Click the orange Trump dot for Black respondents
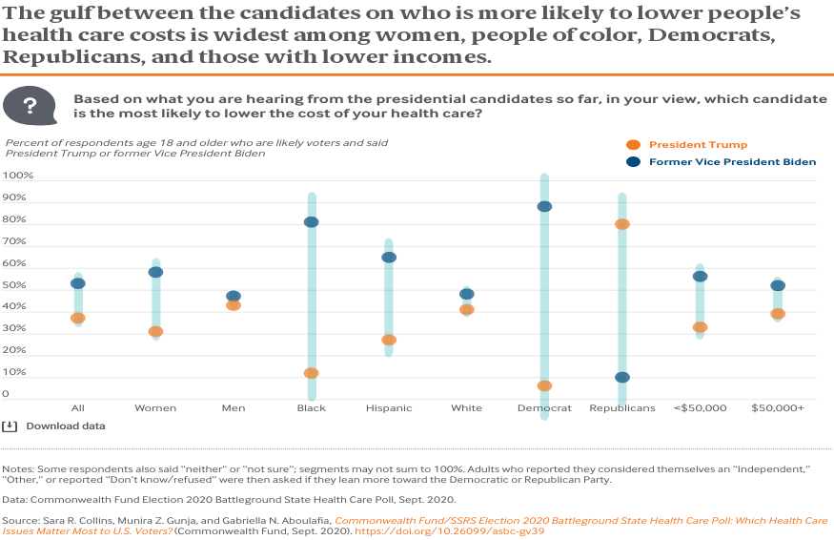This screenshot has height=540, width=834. pyautogui.click(x=312, y=373)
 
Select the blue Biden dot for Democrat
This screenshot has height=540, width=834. pyautogui.click(x=544, y=206)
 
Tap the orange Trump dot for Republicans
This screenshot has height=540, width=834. pyautogui.click(x=622, y=224)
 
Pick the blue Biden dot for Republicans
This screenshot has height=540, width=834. pyautogui.click(x=622, y=377)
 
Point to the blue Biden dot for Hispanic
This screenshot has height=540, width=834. pyautogui.click(x=389, y=258)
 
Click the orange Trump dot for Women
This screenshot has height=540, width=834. pyautogui.click(x=155, y=332)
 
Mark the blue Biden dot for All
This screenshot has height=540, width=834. pyautogui.click(x=78, y=283)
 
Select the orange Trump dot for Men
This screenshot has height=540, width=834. pyautogui.click(x=234, y=305)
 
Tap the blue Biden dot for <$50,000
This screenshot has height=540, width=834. pyautogui.click(x=700, y=277)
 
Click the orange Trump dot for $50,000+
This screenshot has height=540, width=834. pyautogui.click(x=778, y=314)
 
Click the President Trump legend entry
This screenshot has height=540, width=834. pyautogui.click(x=698, y=145)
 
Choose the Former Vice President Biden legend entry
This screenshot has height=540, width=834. pyautogui.click(x=732, y=162)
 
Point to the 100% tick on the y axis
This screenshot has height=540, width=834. pyautogui.click(x=18, y=177)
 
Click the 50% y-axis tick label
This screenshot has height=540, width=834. pyautogui.click(x=16, y=285)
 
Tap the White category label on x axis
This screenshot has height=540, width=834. pyautogui.click(x=466, y=408)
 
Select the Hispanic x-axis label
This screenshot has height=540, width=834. pyautogui.click(x=389, y=408)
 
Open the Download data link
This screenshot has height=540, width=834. pyautogui.click(x=65, y=426)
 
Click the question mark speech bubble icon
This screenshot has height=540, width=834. pyautogui.click(x=30, y=106)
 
